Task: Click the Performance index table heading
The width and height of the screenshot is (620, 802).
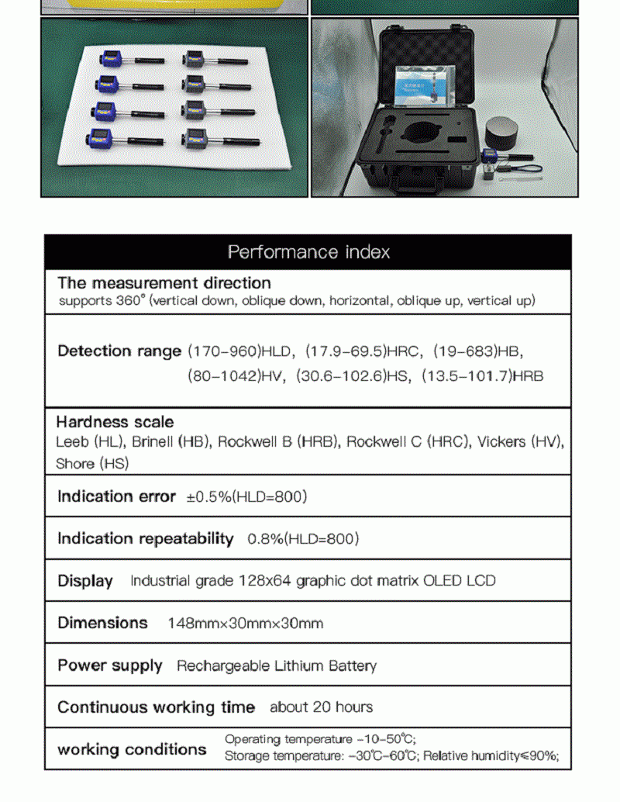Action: pyautogui.click(x=308, y=252)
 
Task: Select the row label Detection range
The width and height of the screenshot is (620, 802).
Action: pyautogui.click(x=119, y=351)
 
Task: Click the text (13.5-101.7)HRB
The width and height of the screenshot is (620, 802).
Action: pyautogui.click(x=482, y=376)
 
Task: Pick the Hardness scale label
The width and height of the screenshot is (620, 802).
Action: pyautogui.click(x=115, y=422)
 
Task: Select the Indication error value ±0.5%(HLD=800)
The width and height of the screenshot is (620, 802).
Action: pyautogui.click(x=246, y=497)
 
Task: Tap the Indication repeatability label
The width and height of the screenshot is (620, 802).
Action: pyautogui.click(x=145, y=538)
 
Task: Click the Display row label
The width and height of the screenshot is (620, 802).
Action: pyautogui.click(x=85, y=581)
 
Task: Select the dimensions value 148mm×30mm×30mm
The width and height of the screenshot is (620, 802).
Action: pyautogui.click(x=245, y=624)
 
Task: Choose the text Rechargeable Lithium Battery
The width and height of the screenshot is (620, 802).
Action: pyautogui.click(x=277, y=665)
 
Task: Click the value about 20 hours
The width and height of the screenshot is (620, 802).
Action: pyautogui.click(x=321, y=707)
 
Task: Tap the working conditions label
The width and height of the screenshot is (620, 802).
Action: pyautogui.click(x=132, y=749)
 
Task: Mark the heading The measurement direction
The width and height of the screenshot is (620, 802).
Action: pyautogui.click(x=164, y=283)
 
